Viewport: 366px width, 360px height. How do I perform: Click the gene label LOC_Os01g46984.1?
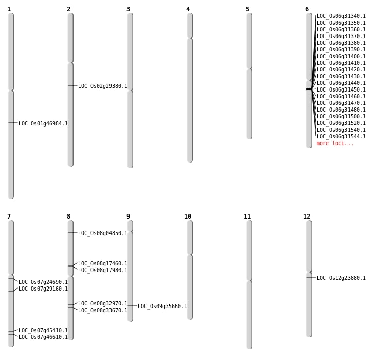(x=43, y=123)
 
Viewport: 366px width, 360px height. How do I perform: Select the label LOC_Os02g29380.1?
(x=103, y=86)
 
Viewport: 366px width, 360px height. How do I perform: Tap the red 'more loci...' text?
(x=335, y=143)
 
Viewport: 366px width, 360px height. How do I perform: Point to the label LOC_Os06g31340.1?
(x=341, y=16)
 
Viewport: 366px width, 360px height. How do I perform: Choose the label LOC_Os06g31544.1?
(x=341, y=136)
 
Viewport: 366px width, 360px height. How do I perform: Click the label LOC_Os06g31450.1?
(x=341, y=89)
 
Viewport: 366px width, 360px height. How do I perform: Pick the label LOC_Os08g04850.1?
(x=103, y=233)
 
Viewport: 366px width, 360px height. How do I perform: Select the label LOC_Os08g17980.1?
(x=103, y=270)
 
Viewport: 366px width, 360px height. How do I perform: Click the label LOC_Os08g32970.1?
(x=103, y=303)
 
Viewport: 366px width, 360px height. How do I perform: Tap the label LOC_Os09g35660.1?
(x=162, y=306)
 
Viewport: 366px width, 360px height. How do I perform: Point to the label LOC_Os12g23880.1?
(x=341, y=278)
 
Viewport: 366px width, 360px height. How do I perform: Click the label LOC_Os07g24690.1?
(x=43, y=282)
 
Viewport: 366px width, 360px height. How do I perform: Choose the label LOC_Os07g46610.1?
(x=43, y=337)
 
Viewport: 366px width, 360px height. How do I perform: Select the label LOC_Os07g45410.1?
(x=43, y=330)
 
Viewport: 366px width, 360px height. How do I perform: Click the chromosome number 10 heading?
(x=188, y=217)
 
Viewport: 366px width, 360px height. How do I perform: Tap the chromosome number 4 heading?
(x=188, y=9)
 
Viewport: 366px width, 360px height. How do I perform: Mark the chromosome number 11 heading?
(x=247, y=217)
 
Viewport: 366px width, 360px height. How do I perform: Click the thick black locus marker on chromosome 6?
(x=309, y=89)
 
